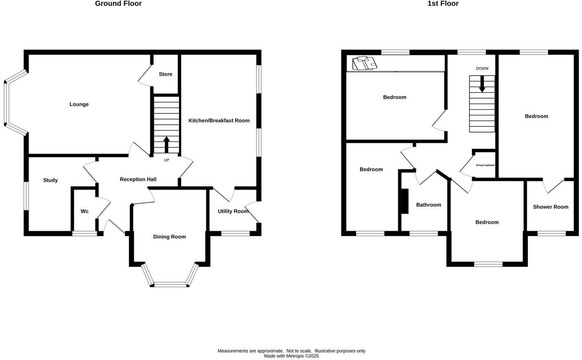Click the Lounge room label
(x=79, y=104)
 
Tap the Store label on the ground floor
(x=165, y=74)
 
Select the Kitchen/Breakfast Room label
(x=219, y=120)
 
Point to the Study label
(x=50, y=180)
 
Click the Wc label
(x=84, y=211)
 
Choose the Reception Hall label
(x=138, y=179)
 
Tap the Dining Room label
(x=169, y=236)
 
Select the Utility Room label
(x=233, y=211)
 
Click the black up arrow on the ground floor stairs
(x=167, y=144)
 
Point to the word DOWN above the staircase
(x=482, y=69)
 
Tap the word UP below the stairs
(x=167, y=160)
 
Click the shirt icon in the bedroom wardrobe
(x=365, y=63)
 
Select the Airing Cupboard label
(x=485, y=165)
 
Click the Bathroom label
(x=429, y=205)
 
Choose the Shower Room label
(x=550, y=207)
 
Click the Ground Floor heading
(x=118, y=4)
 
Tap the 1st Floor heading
(x=443, y=4)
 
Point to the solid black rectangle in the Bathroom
(x=405, y=201)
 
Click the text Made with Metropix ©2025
(x=291, y=356)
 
